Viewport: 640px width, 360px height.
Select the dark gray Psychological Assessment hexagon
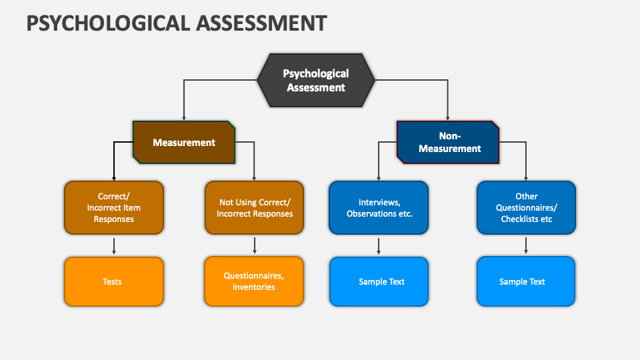(316, 81)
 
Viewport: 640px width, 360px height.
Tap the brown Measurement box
(184, 142)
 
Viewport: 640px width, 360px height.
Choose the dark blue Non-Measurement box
(449, 142)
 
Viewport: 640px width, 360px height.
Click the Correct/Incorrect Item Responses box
(114, 207)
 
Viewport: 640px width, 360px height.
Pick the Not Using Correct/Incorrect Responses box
(254, 207)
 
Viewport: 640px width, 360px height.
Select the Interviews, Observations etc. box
(379, 207)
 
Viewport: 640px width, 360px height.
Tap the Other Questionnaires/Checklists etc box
(526, 207)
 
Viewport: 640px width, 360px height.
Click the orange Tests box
(114, 281)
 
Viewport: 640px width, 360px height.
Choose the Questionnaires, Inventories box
(254, 281)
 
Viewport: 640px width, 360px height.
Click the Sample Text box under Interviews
(379, 281)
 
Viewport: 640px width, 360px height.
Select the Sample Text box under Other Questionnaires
(526, 281)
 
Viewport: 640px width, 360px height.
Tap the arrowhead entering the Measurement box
(184, 117)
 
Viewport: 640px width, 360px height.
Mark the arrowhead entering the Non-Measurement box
(448, 117)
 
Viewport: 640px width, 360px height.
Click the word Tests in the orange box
(112, 281)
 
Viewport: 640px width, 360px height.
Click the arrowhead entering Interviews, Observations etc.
(379, 178)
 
